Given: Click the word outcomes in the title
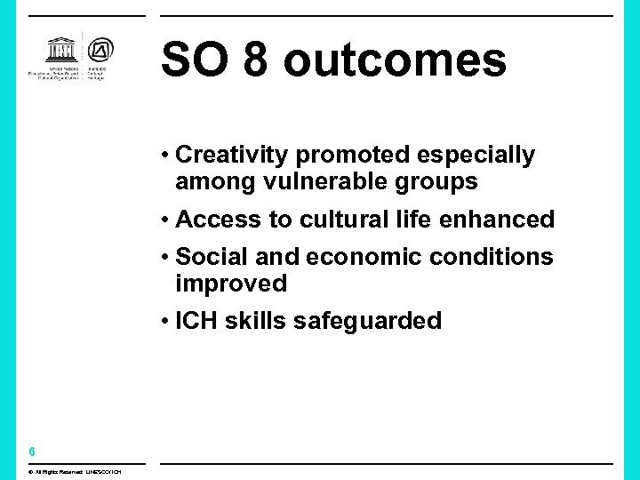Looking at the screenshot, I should (395, 60).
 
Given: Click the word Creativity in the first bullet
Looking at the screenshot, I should (233, 156).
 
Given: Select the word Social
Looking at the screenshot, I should (212, 258).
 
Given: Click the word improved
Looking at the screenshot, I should (231, 284).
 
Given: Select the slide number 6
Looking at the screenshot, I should (31, 452).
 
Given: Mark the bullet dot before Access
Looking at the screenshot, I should (166, 220).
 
